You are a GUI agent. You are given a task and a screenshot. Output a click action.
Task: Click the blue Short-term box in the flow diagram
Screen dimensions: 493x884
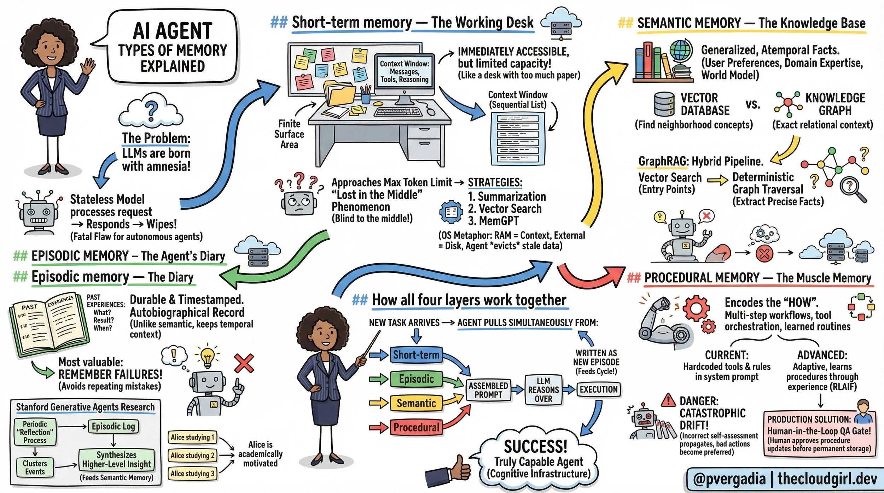click(416, 355)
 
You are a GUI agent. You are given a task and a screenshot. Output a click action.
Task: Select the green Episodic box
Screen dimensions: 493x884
click(416, 379)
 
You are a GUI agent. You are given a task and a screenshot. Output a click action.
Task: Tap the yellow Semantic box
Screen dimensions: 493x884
click(416, 403)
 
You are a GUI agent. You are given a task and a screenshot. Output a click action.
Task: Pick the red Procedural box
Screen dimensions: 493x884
click(416, 427)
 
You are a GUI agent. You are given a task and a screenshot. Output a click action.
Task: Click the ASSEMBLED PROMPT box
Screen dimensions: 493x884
click(488, 390)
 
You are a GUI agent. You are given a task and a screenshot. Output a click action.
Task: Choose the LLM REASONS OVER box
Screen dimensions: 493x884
click(543, 390)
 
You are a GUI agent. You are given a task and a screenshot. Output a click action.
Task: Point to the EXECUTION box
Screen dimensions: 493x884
click(598, 389)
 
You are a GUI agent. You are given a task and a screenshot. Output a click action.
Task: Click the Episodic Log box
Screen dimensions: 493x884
click(113, 427)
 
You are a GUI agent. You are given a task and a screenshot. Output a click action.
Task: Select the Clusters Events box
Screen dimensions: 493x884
click(35, 467)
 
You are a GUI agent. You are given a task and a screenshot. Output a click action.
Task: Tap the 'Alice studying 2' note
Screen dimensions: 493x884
click(192, 456)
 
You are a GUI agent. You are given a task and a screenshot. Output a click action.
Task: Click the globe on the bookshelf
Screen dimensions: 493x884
click(681, 51)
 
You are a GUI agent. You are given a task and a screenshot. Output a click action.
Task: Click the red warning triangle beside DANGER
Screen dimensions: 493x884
click(668, 400)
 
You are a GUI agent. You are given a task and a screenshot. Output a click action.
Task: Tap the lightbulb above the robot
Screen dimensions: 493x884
click(207, 357)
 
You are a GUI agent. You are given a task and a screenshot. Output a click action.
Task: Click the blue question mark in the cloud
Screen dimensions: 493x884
click(151, 109)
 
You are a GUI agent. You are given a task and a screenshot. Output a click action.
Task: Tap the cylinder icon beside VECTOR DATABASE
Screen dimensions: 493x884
click(664, 104)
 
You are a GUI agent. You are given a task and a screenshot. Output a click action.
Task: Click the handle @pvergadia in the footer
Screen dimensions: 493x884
click(729, 479)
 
